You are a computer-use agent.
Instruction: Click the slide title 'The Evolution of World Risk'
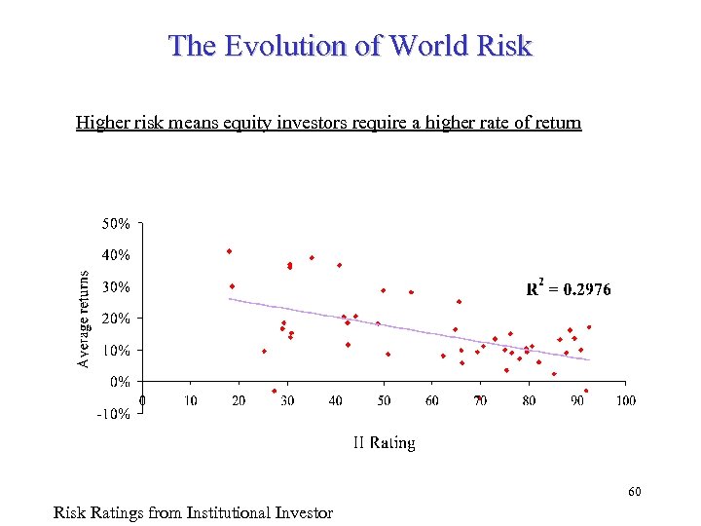pyautogui.click(x=350, y=45)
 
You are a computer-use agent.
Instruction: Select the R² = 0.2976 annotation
pyautogui.click(x=569, y=287)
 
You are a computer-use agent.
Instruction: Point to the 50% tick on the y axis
pyautogui.click(x=116, y=224)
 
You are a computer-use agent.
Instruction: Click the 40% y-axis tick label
pyautogui.click(x=116, y=255)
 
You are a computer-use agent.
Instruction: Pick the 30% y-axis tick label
pyautogui.click(x=116, y=287)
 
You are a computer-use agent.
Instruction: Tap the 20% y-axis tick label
pyautogui.click(x=116, y=319)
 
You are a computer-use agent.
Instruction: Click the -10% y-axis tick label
pyautogui.click(x=114, y=413)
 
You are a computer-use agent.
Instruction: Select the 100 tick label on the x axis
pyautogui.click(x=625, y=400)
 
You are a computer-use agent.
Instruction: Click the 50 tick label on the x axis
pyautogui.click(x=384, y=400)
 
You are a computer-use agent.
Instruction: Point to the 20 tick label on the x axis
pyautogui.click(x=239, y=400)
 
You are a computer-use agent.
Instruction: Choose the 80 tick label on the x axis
pyautogui.click(x=529, y=400)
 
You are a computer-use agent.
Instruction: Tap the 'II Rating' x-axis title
pyautogui.click(x=384, y=443)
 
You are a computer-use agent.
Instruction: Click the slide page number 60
pyautogui.click(x=635, y=493)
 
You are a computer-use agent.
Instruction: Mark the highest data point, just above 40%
pyautogui.click(x=229, y=251)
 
